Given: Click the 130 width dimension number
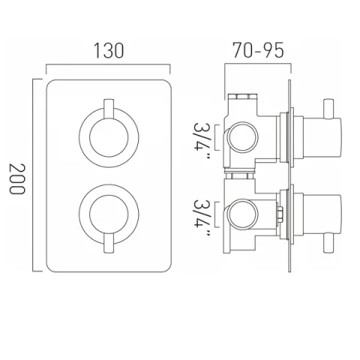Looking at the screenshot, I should [x=109, y=51].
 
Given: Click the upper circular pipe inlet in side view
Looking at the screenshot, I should [x=241, y=136].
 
